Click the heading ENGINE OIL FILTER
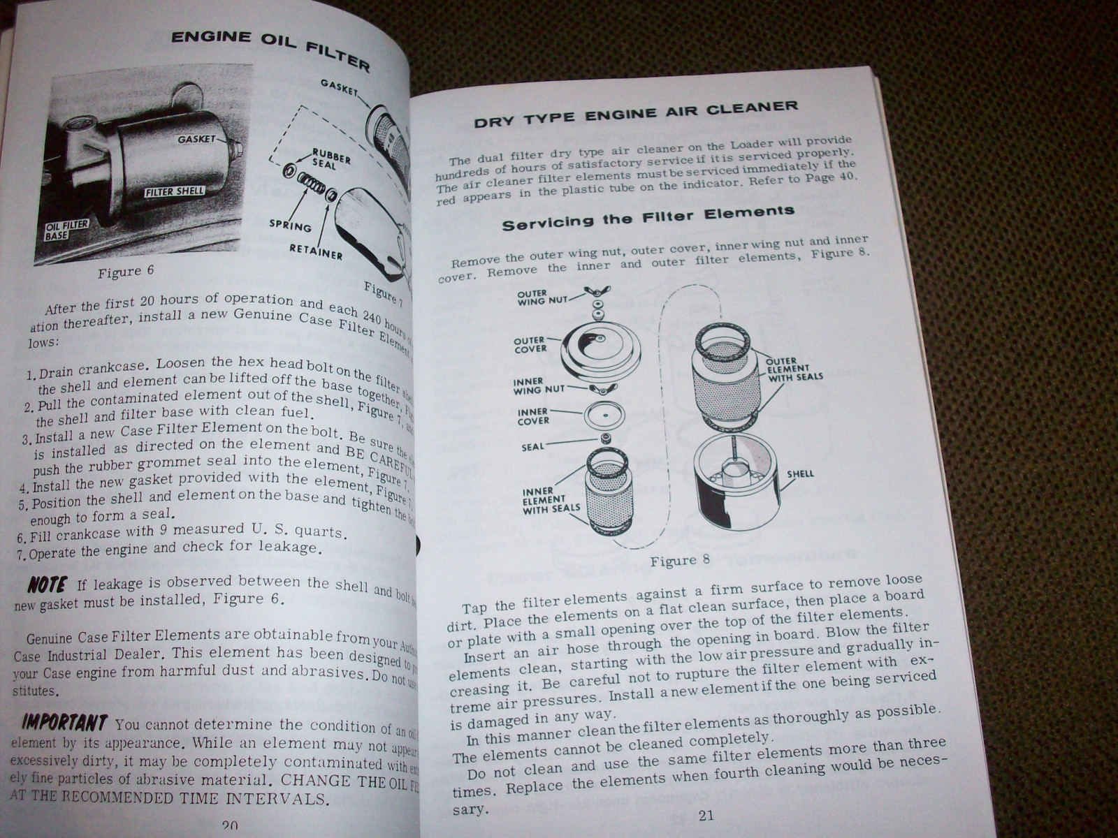coord(270,47)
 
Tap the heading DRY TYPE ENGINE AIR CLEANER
coord(635,114)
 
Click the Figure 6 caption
coord(126,272)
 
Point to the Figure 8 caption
coord(679,560)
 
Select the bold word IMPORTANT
coord(64,723)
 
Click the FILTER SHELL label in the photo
coord(175,191)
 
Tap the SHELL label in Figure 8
coord(800,473)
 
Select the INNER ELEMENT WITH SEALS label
coord(551,500)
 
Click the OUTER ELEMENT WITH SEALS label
coord(794,369)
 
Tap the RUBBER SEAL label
coord(331,159)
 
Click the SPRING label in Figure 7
coord(289,226)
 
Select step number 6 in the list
coord(20,538)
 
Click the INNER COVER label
coord(533,416)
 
